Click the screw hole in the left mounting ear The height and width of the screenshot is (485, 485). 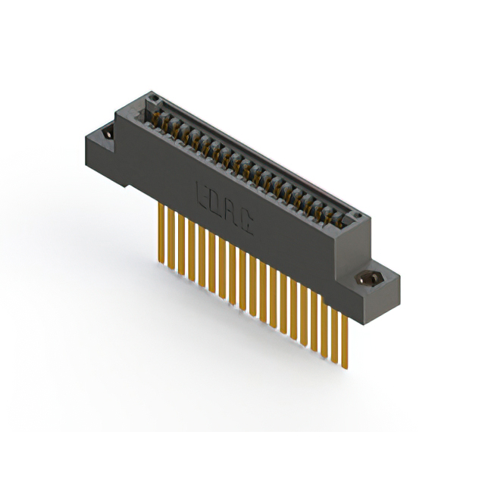(x=108, y=133)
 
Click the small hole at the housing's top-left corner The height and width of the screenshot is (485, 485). (x=154, y=99)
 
